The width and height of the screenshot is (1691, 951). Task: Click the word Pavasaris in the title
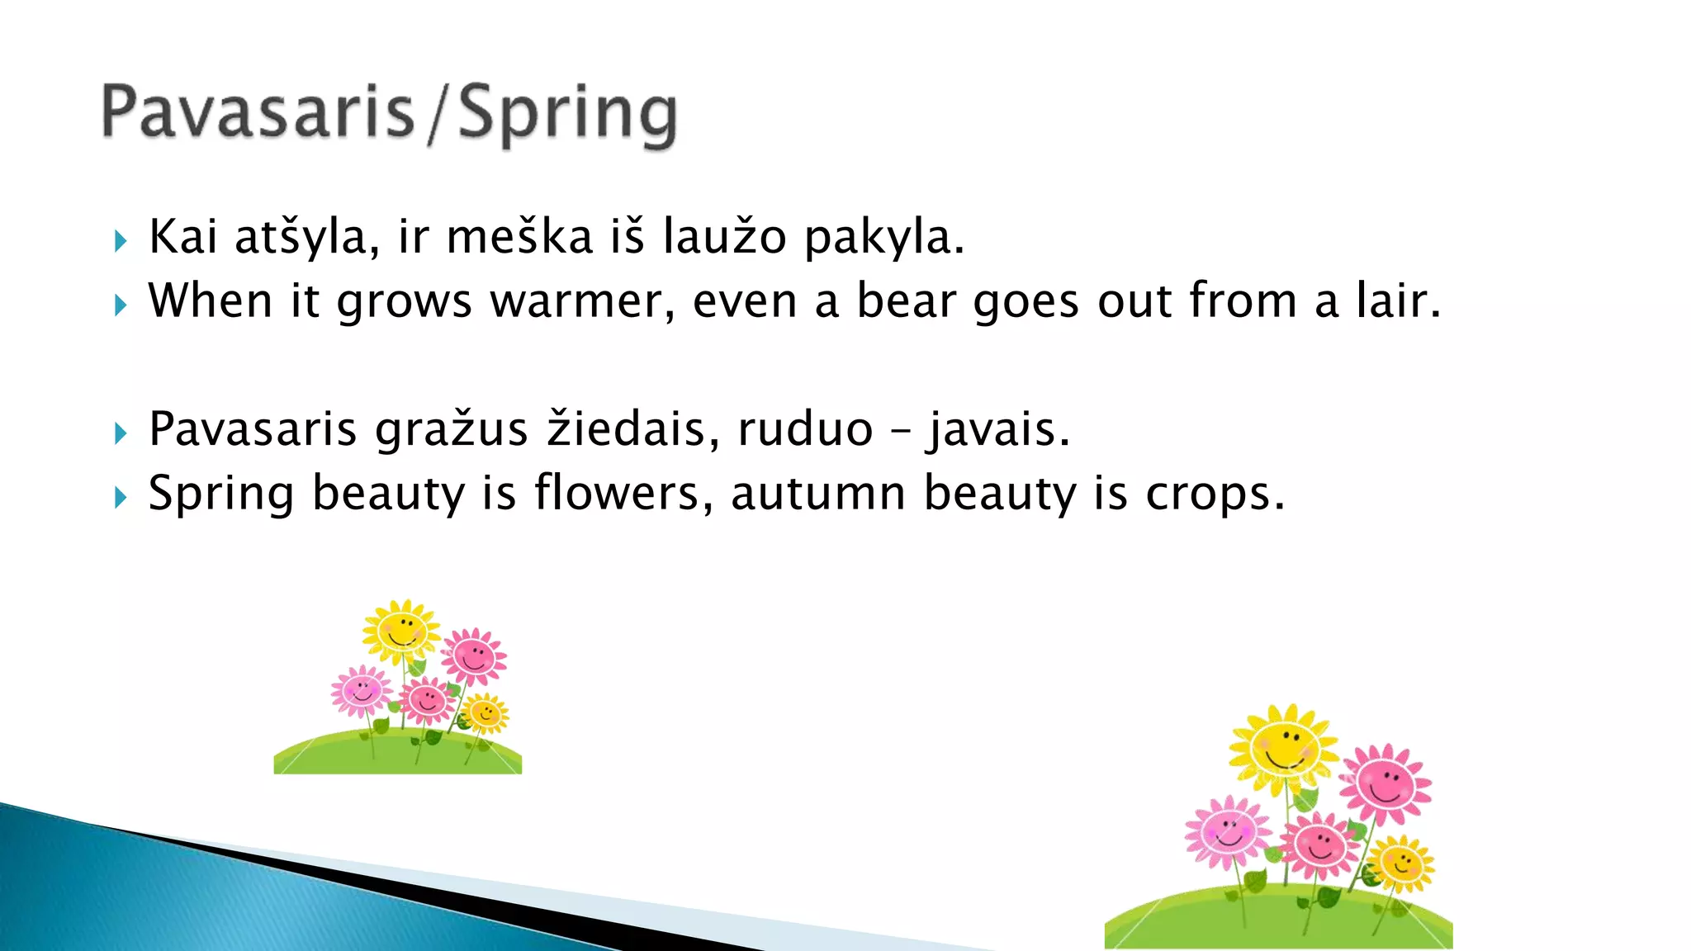click(257, 113)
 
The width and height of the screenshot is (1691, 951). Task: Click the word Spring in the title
click(567, 115)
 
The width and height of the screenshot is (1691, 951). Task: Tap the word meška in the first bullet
click(519, 237)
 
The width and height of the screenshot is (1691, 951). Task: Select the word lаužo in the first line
click(725, 237)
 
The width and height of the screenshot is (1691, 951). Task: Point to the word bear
click(906, 300)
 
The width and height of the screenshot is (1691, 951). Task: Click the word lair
click(1398, 300)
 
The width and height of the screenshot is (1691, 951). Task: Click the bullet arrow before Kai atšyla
click(121, 241)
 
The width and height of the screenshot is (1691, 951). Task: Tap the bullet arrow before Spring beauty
click(121, 497)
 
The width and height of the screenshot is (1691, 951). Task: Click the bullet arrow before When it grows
click(121, 305)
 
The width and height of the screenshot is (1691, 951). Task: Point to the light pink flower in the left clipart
click(361, 690)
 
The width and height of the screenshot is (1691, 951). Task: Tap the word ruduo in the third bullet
click(805, 430)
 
